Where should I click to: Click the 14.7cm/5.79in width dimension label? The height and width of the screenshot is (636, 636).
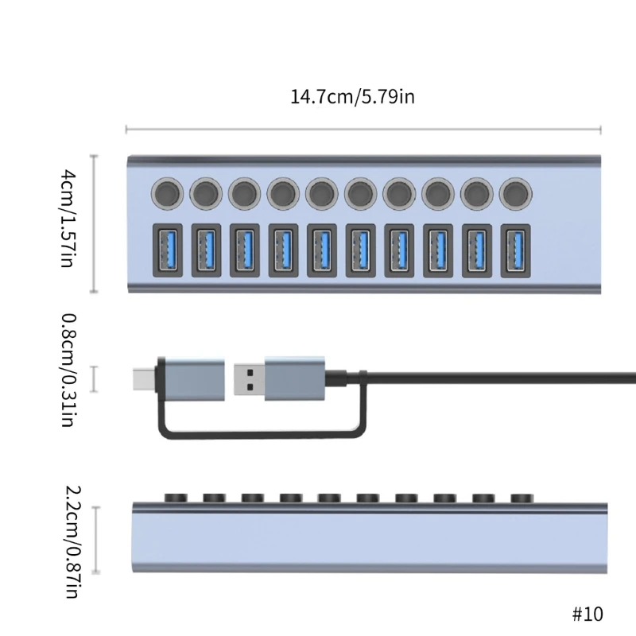click(x=352, y=98)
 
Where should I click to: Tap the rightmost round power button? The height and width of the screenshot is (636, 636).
click(x=515, y=192)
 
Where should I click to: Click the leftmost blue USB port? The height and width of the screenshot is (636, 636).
click(x=167, y=250)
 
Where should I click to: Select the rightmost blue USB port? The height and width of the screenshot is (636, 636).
click(x=515, y=250)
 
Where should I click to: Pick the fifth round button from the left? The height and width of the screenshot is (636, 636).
click(x=322, y=192)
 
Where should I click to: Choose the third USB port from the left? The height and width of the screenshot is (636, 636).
click(x=245, y=250)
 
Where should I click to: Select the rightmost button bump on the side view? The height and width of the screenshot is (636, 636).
click(x=520, y=498)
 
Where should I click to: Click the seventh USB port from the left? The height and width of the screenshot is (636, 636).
click(x=399, y=250)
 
